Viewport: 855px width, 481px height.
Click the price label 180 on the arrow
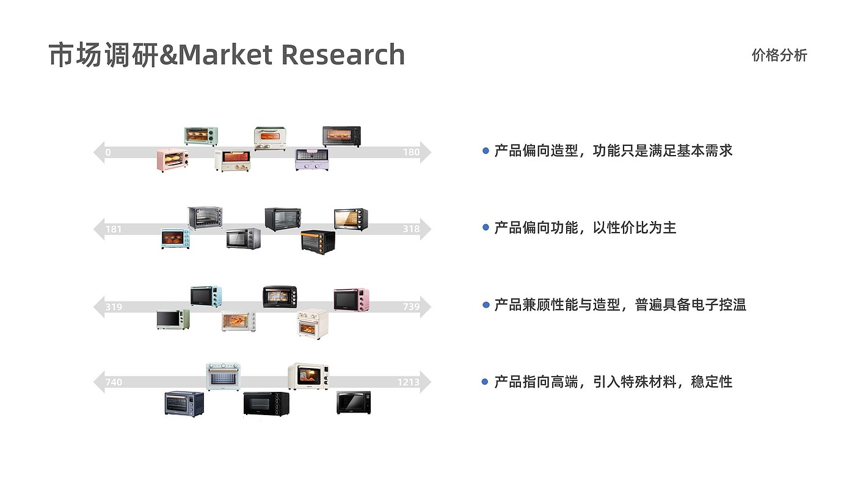coord(411,152)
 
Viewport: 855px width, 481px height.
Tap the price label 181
coord(114,230)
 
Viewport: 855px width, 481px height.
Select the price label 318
coord(411,230)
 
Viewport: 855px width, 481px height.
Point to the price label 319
coord(114,306)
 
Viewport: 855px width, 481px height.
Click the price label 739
coord(411,306)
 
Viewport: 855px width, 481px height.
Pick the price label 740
coord(114,383)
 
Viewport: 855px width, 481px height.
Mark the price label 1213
coord(408,383)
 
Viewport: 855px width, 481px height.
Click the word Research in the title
coord(343,54)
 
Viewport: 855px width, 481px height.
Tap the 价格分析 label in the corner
coord(779,56)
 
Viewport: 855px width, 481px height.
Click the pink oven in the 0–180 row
coord(172,160)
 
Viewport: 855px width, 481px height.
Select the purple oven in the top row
coord(312,159)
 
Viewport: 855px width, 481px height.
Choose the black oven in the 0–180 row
coord(341,136)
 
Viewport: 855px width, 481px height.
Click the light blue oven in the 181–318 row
coord(175,239)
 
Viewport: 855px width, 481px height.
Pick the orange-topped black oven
coord(318,241)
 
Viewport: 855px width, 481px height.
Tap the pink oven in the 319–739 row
coord(351,299)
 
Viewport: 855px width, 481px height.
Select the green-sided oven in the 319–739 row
coord(173,319)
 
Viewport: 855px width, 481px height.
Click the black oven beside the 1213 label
coord(354,402)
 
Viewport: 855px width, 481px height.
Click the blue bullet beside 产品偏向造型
coord(486,150)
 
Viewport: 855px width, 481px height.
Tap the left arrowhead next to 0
coord(98,152)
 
